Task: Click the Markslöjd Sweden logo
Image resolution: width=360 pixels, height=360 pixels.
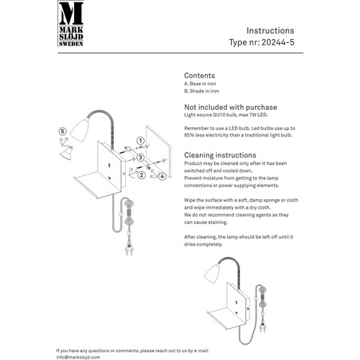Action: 71,24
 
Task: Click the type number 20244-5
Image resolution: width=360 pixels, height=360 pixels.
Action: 278,42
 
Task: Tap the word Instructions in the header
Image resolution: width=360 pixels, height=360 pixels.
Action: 270,30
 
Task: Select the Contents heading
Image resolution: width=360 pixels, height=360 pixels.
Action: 199,76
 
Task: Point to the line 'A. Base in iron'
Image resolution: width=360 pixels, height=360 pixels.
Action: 200,84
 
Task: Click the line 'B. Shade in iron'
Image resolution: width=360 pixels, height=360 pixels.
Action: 202,91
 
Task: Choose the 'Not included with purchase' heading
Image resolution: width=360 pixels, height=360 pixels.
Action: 230,108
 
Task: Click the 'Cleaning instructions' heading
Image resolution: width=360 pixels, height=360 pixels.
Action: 220,155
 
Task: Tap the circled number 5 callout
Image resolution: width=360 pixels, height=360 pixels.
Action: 63,131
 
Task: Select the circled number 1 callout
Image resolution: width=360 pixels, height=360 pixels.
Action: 140,140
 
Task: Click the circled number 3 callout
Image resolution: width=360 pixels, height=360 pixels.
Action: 140,158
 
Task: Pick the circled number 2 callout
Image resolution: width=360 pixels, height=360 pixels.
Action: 142,175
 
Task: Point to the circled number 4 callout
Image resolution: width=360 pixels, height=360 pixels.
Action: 162,176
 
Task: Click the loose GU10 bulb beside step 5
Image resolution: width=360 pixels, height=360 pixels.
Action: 66,153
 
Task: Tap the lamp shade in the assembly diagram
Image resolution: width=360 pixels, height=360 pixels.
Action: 79,130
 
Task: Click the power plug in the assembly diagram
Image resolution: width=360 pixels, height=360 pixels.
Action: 129,248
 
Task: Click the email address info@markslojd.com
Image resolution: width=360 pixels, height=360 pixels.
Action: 78,358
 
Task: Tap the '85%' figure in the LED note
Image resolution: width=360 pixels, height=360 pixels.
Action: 190,135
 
